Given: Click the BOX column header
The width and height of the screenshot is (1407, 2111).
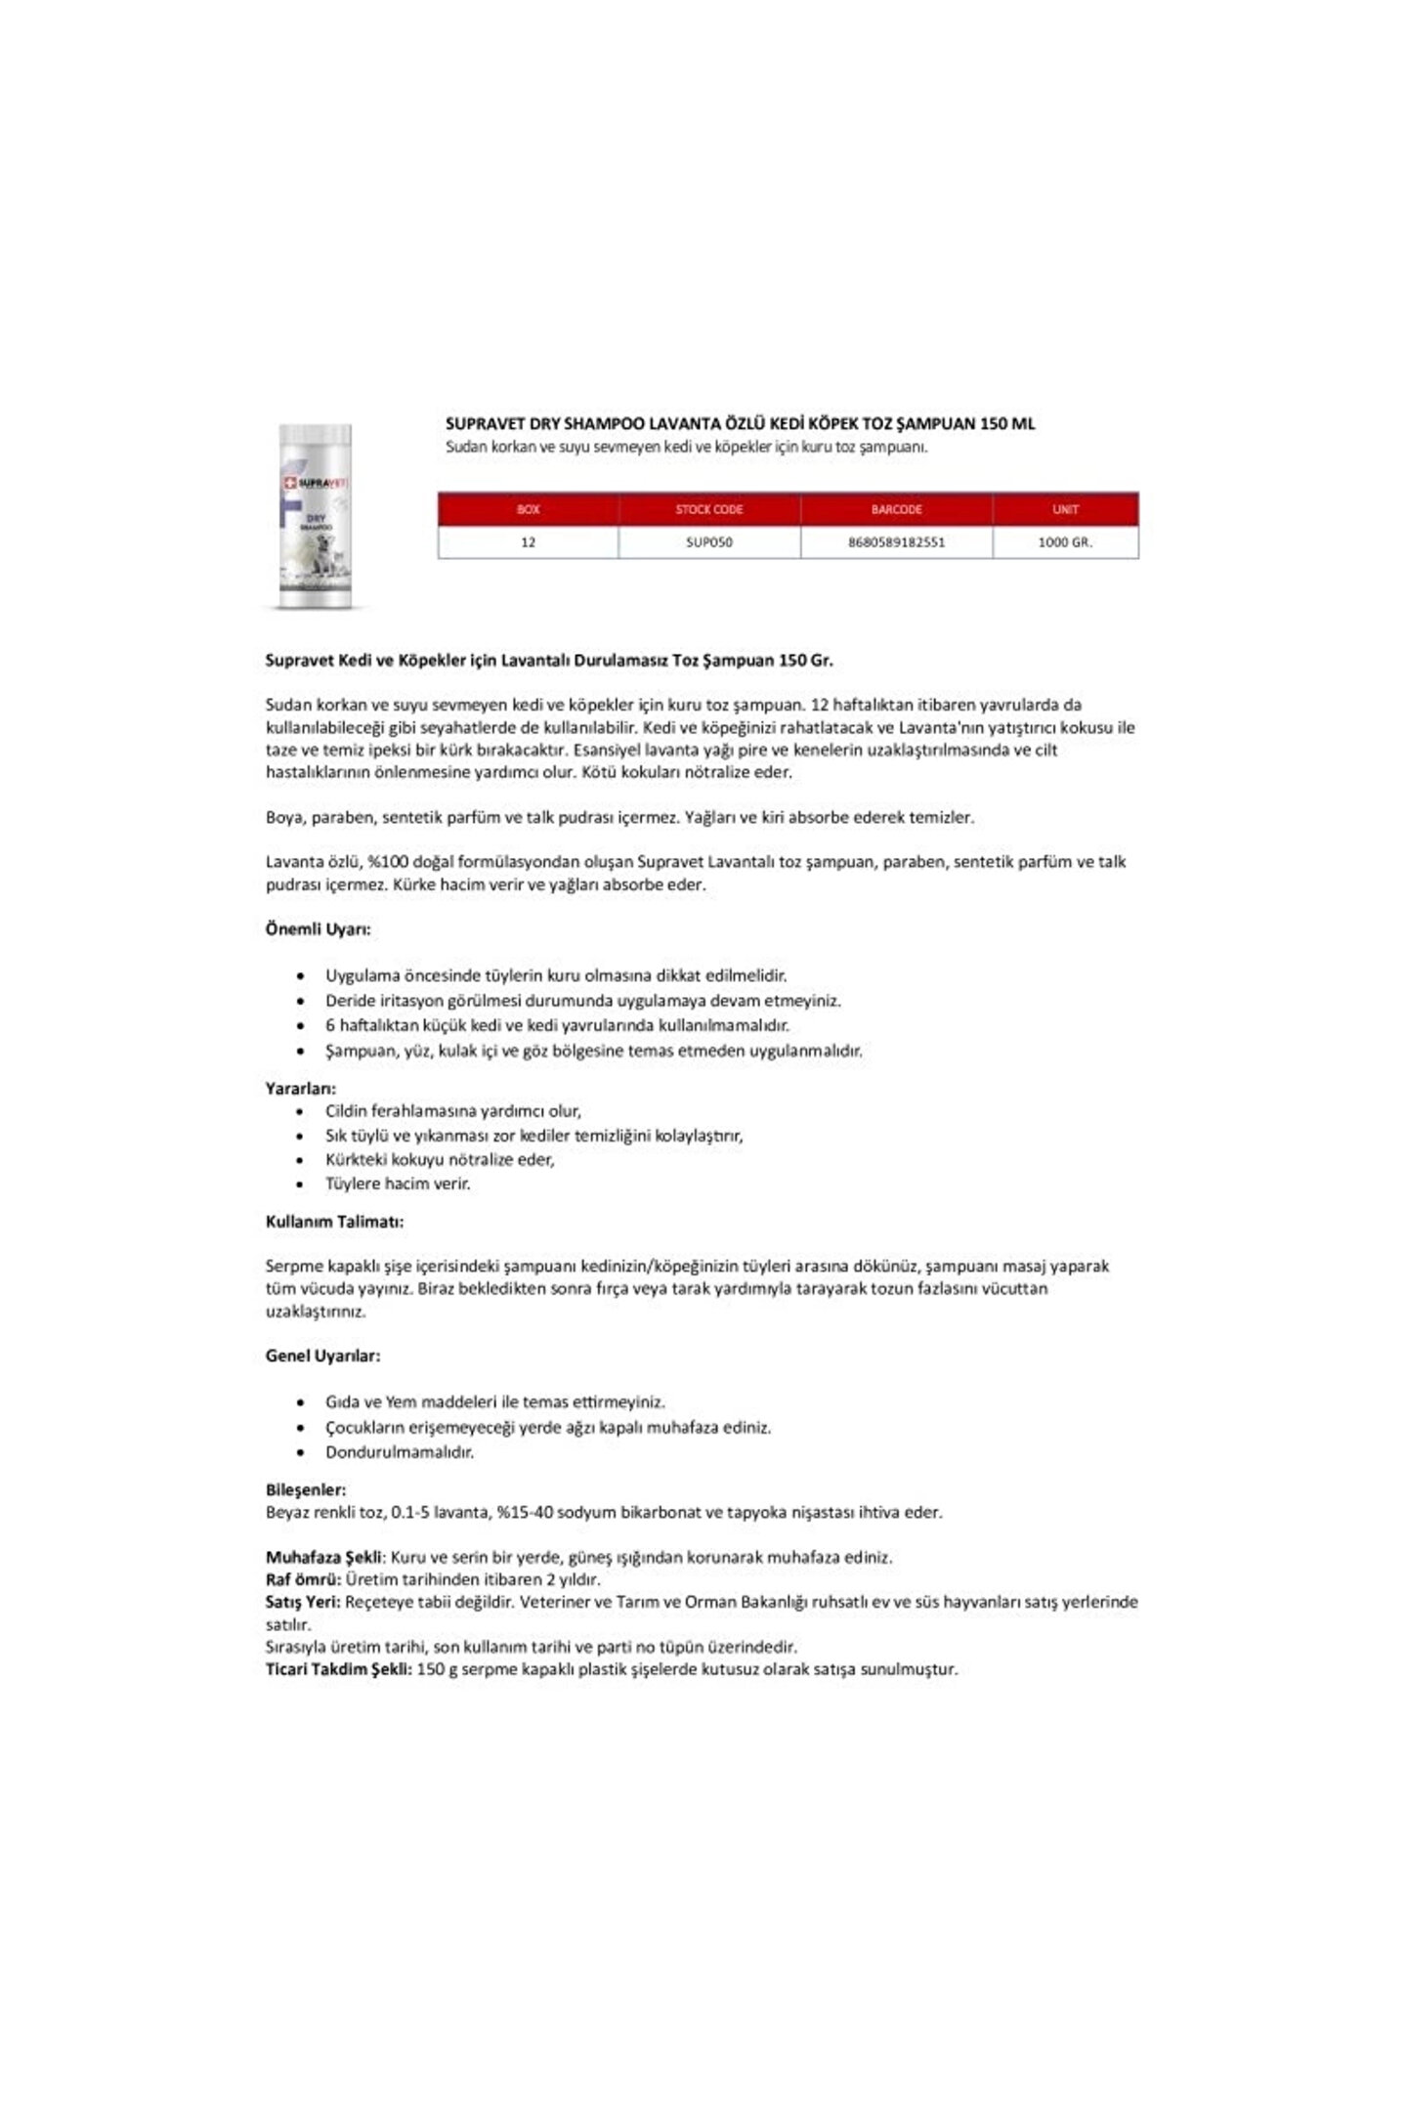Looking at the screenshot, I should (x=528, y=509).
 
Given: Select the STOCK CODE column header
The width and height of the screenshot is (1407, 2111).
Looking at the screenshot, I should (x=709, y=509).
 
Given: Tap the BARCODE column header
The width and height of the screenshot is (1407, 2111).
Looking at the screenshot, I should (x=896, y=509).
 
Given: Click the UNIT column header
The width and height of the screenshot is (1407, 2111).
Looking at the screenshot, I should (x=1065, y=509).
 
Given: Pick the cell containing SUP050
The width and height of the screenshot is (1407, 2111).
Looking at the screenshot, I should (x=709, y=541).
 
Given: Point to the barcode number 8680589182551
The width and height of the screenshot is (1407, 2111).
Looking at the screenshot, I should (x=896, y=541).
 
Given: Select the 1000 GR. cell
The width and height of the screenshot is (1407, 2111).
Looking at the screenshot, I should (x=1065, y=541).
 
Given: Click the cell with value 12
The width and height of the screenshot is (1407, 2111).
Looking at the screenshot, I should (x=528, y=541).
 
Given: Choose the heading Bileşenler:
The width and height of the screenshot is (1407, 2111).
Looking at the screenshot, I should (x=306, y=1490).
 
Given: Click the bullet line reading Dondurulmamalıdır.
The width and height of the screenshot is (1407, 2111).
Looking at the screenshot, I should (x=400, y=1452).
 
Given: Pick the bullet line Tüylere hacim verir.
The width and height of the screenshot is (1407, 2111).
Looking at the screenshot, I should (x=398, y=1184).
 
